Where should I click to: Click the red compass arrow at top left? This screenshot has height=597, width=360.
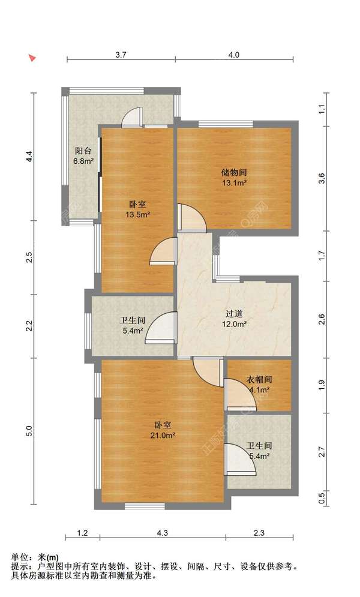[x=33, y=58]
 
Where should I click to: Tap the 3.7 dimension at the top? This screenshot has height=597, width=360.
[x=121, y=55]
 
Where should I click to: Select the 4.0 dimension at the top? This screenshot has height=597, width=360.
[x=233, y=55]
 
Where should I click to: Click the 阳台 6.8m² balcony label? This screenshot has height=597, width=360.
[x=84, y=156]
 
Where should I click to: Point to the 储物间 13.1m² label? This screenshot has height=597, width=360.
[x=234, y=178]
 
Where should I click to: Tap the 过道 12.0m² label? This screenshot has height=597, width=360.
[x=234, y=319]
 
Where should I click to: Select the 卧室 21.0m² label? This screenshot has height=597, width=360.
[x=163, y=430]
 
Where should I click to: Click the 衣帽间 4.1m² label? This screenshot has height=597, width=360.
[x=259, y=385]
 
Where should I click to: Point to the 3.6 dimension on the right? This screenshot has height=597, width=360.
[x=322, y=178]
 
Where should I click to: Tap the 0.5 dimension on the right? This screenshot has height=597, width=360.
[x=322, y=497]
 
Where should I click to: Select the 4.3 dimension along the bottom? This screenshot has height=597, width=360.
[x=163, y=533]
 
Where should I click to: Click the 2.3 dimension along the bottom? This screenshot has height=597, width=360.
[x=259, y=533]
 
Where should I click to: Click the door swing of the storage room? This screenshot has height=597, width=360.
[x=191, y=218]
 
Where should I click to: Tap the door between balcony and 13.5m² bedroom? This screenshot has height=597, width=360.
[x=131, y=117]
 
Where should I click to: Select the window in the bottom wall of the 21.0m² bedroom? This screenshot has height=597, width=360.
[x=145, y=506]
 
